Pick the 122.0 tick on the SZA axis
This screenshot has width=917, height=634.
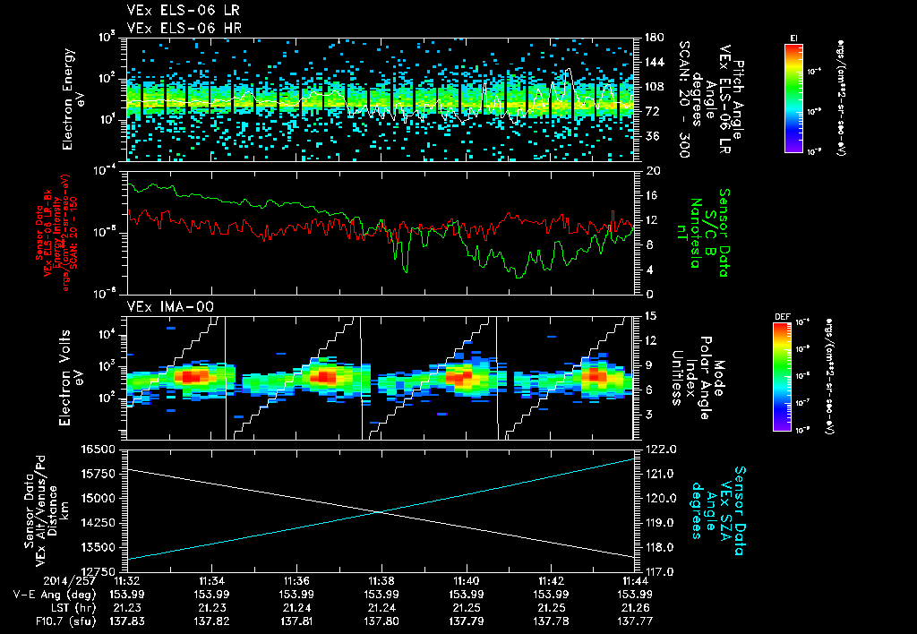click(659, 449)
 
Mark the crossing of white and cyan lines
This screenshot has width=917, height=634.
click(381, 511)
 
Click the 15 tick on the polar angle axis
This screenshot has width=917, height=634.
click(648, 316)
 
